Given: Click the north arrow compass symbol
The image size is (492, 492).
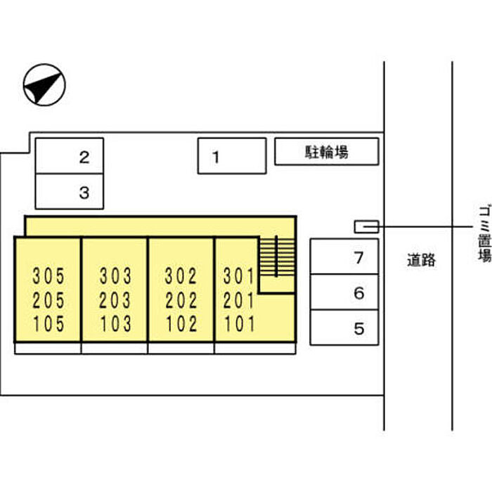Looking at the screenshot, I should coord(44,86).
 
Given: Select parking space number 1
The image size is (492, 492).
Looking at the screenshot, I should coord(232,156).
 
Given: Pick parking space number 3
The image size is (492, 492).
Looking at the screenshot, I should coord(70,191).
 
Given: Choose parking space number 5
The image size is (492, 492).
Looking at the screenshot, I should coord(344,328).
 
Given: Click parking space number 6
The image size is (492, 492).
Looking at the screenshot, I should coord(344,292).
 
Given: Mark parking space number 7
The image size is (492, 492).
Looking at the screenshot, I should coord(344,257).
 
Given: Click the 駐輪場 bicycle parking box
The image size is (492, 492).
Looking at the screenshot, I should coord(326,151).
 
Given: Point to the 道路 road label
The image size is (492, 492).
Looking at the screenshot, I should coord(421,260).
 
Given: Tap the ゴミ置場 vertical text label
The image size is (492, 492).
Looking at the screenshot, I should coord(484,233).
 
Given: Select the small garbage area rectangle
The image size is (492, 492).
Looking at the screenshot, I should coord(366,226).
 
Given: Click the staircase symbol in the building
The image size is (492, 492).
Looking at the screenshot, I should coord(277,257).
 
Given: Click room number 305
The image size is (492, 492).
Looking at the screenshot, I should coord(48,276).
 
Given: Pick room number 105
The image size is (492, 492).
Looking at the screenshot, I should coord(48,324).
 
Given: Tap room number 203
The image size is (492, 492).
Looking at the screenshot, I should coord(115,300).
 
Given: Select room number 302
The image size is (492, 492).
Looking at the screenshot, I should coord(181,276).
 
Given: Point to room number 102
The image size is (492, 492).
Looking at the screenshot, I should coord(181,324).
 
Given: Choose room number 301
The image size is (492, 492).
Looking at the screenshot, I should coord(238,276).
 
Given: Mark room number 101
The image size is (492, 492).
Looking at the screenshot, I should coord(238,324).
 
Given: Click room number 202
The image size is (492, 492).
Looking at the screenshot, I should coord(181,300).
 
